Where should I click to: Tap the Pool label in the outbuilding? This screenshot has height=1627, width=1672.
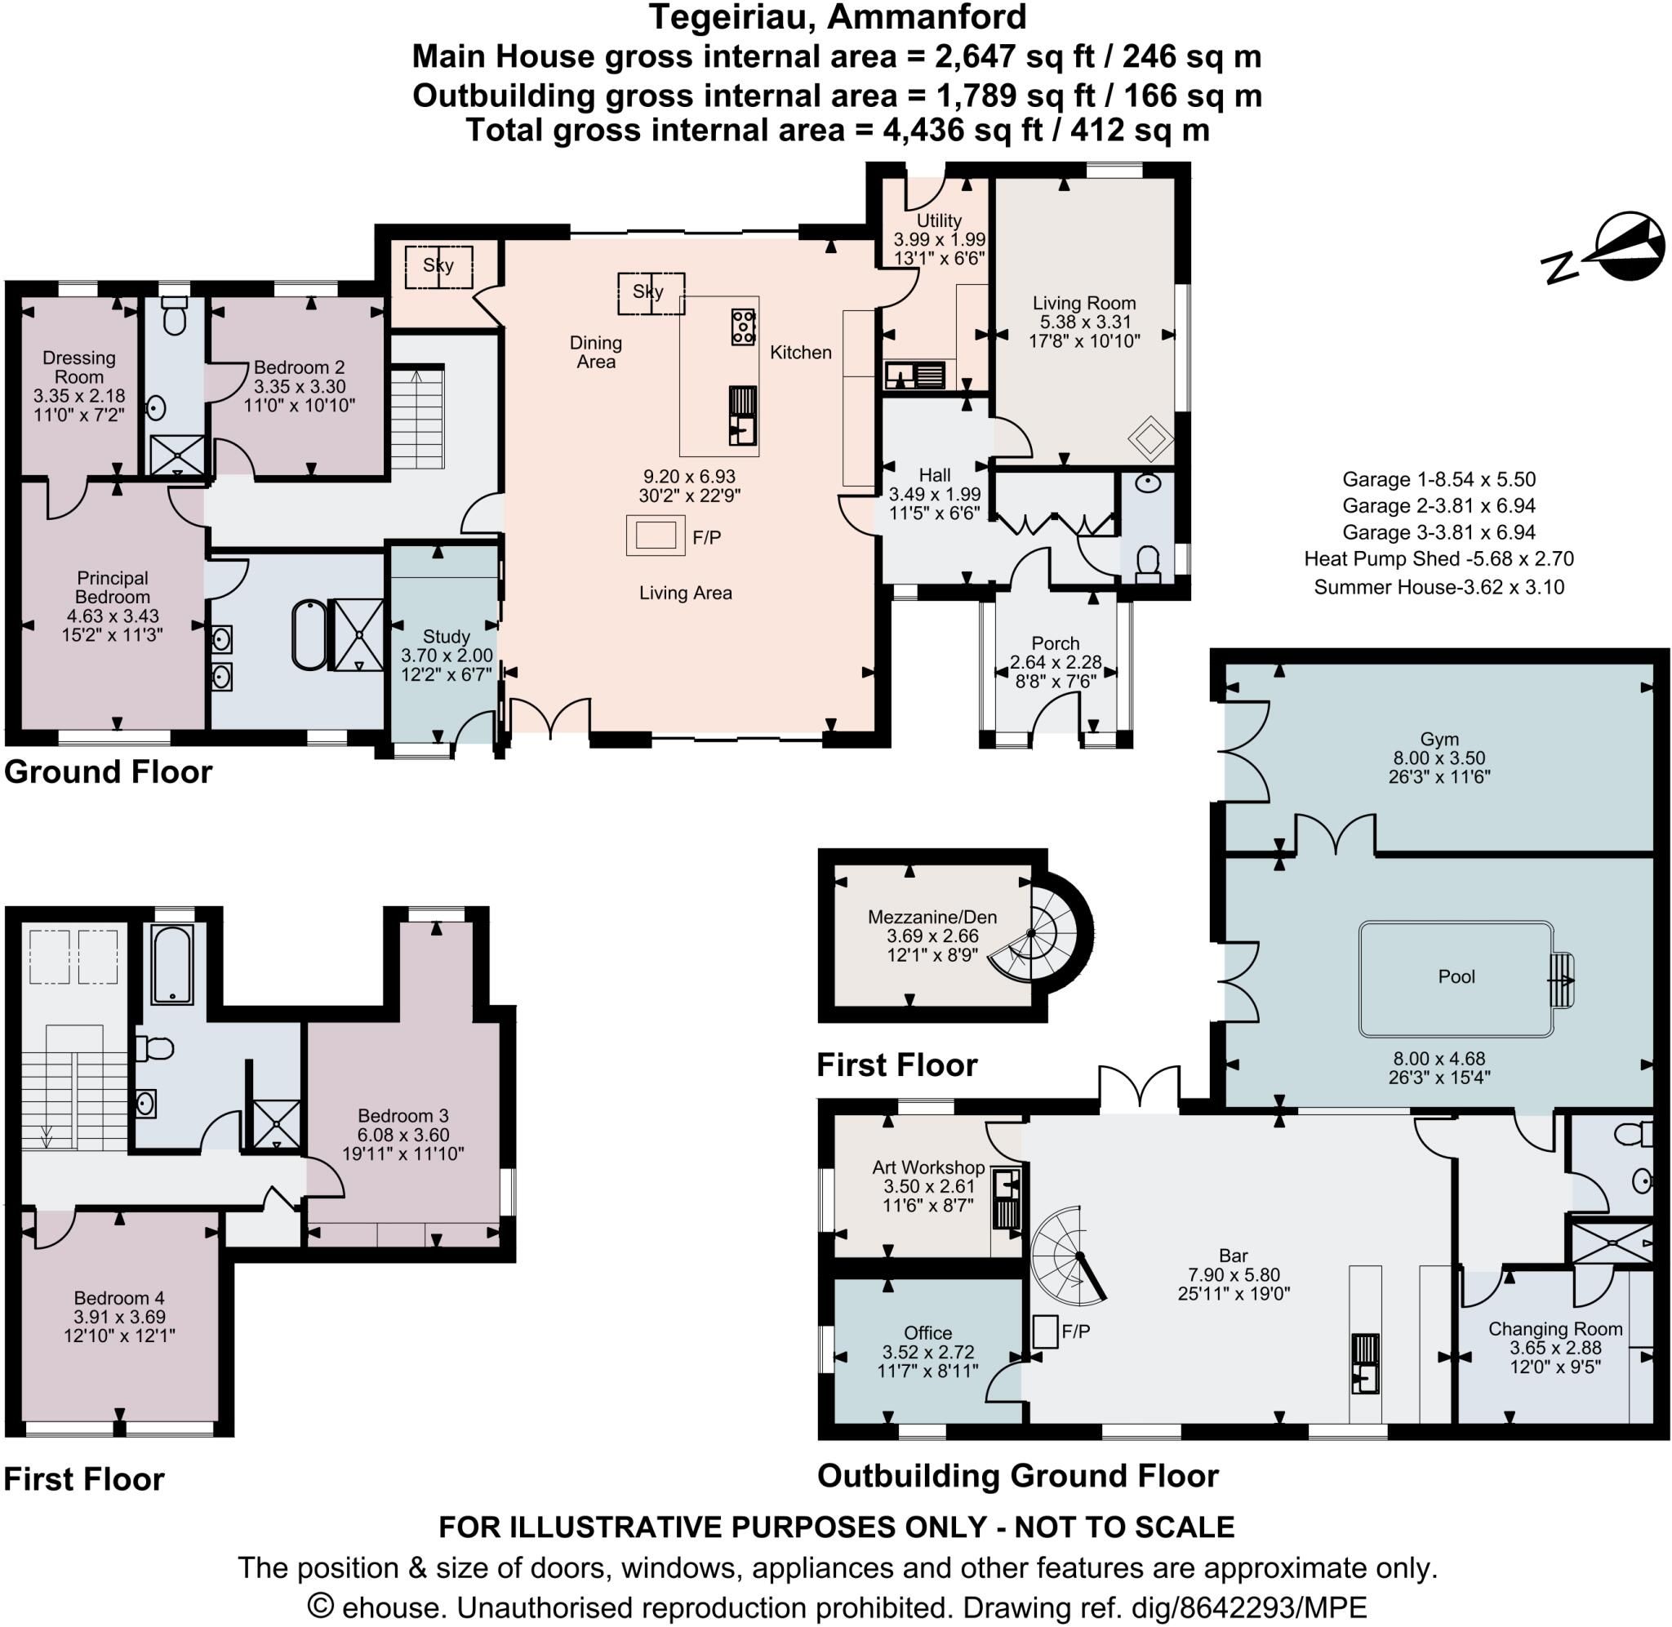point(1456,976)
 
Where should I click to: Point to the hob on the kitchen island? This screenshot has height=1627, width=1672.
point(743,327)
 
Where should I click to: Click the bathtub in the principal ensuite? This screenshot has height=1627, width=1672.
point(309,635)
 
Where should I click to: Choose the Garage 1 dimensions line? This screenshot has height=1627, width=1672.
point(1439,479)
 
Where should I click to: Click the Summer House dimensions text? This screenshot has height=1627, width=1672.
point(1439,587)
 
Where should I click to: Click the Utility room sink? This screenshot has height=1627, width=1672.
point(914,374)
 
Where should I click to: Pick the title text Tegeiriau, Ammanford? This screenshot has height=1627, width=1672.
point(838,17)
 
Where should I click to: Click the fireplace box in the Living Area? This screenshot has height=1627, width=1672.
point(656,535)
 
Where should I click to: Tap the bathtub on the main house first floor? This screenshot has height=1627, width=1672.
point(172,964)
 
